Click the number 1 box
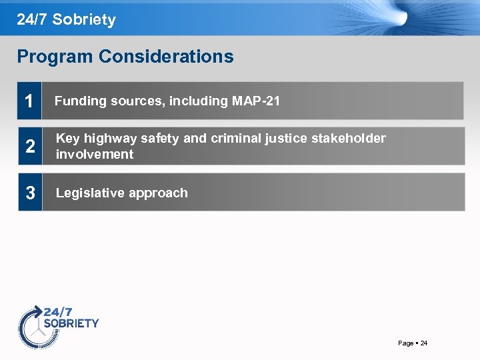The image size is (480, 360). [29, 101]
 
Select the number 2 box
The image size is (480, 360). [29, 147]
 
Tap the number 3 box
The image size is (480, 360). [29, 193]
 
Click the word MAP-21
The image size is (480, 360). [256, 101]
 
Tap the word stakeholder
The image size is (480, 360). [349, 139]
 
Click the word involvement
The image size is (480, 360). [94, 155]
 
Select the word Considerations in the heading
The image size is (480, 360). [166, 57]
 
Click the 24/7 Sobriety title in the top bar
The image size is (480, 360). [66, 19]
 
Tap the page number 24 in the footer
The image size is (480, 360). [424, 343]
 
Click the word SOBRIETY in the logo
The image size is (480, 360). [71, 323]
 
